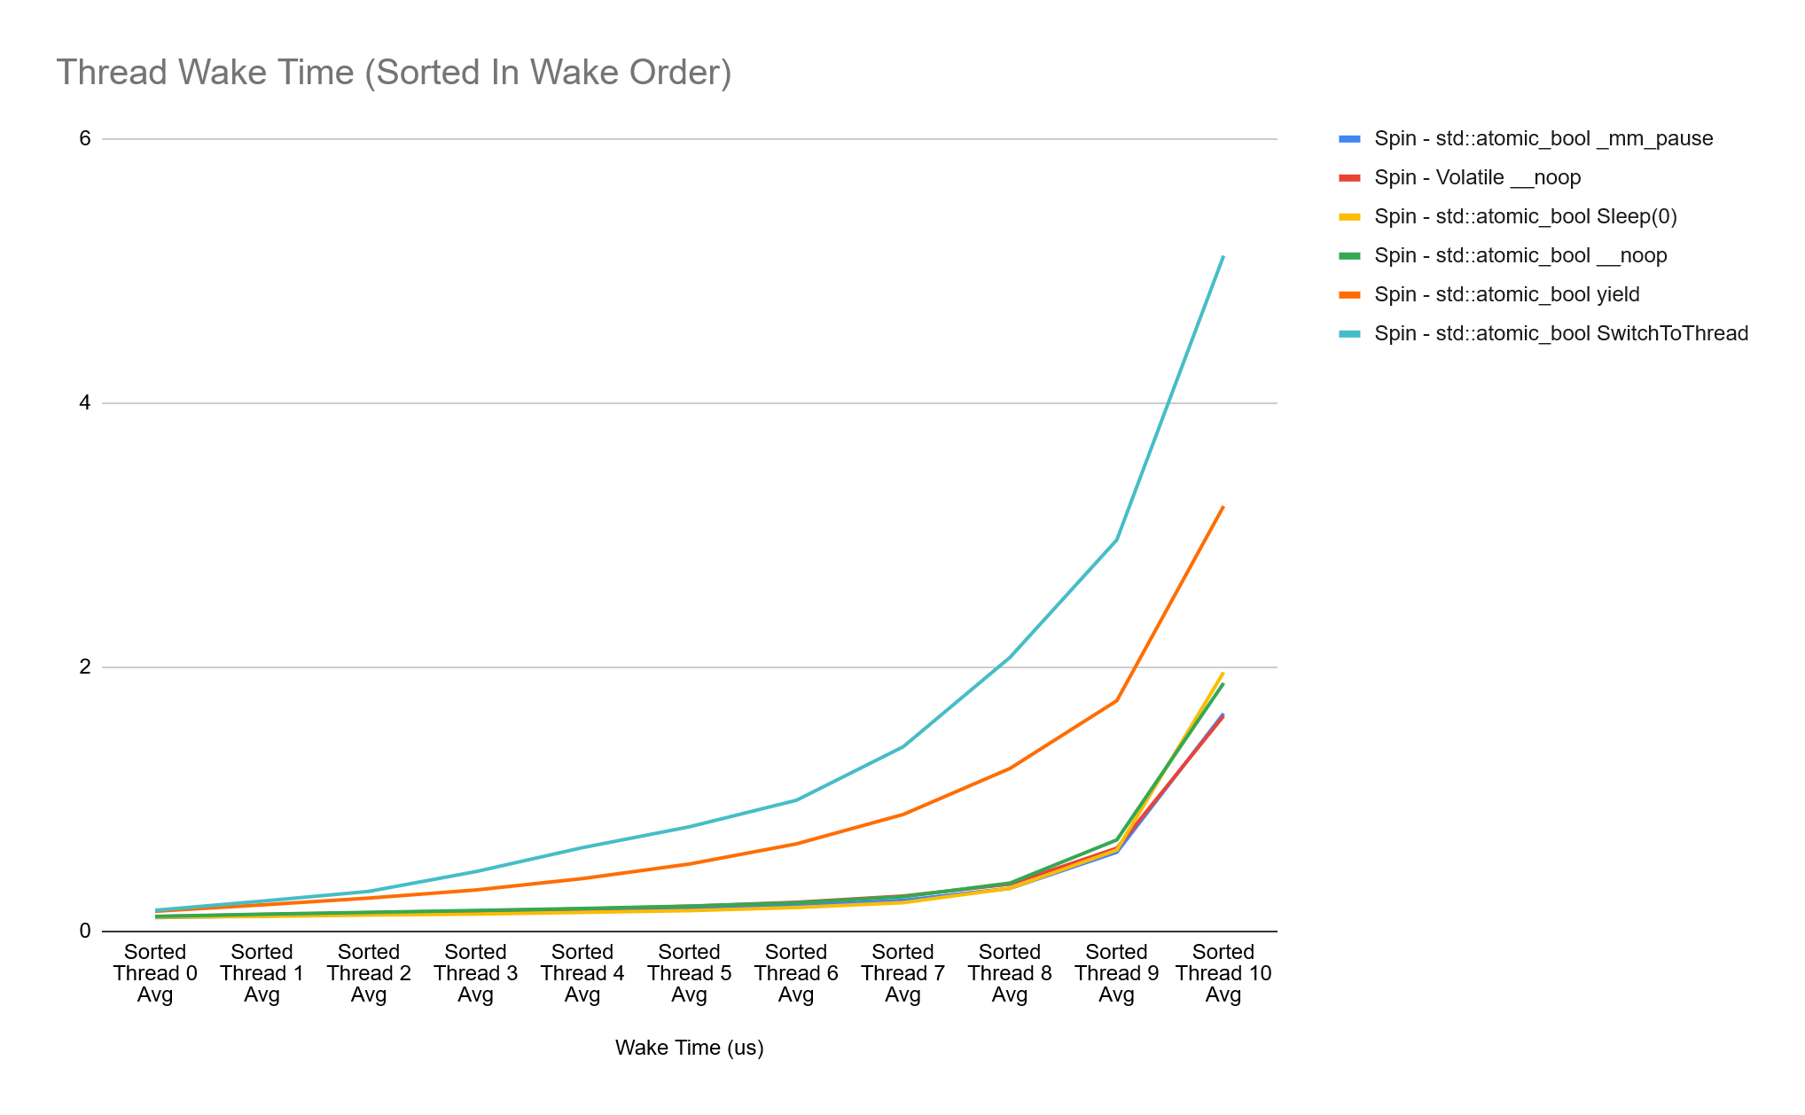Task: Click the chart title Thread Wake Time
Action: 394,73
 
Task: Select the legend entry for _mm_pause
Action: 1543,138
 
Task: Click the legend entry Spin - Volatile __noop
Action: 1477,177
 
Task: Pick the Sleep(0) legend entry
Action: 1525,216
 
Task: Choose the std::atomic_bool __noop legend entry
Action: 1520,255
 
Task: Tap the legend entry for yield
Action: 1506,294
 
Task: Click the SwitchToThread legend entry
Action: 1560,333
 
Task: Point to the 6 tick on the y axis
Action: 85,138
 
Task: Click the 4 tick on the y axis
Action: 85,402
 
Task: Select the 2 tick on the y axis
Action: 85,667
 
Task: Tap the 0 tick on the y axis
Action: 85,931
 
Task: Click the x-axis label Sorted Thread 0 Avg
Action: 155,973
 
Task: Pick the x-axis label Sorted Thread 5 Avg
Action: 689,973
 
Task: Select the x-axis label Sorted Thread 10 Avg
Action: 1223,973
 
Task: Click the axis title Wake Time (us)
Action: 689,1048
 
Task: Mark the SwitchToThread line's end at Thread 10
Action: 1223,256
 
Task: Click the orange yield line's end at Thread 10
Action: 1223,507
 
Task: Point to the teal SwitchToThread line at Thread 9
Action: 1116,540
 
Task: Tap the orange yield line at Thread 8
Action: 1010,768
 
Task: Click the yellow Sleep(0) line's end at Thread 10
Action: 1223,673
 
